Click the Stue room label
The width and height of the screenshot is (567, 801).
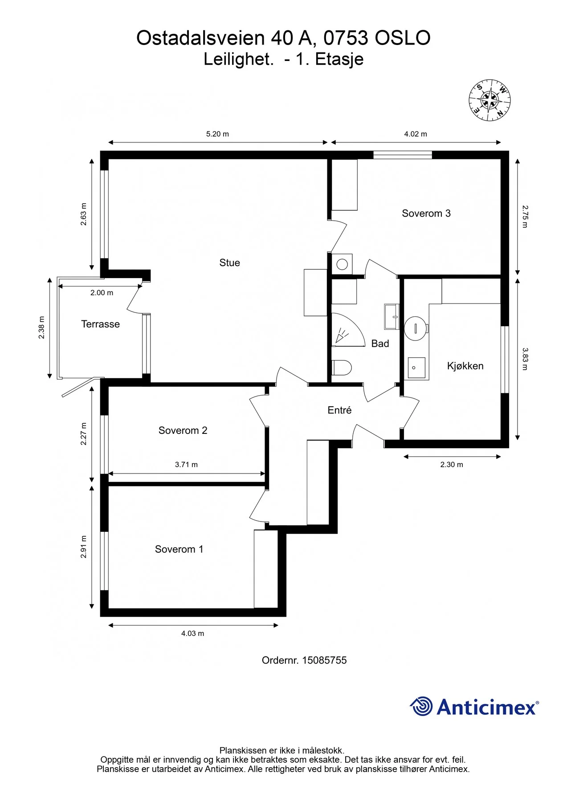point(229,263)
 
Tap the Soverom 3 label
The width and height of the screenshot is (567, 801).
point(426,214)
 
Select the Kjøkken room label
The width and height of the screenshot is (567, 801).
point(465,366)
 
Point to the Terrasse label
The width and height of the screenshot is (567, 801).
point(100,324)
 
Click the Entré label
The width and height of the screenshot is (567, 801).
point(339,410)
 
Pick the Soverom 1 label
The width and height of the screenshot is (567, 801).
point(179,550)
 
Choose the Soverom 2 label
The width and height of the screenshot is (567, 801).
point(183,431)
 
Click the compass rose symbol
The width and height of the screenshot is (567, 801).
point(489,101)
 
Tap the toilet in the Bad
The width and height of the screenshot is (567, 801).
point(342,368)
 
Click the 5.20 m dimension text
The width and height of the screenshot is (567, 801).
point(217,134)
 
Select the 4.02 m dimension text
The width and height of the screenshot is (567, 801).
point(416,134)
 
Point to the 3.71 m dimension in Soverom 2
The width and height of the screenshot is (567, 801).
point(186,465)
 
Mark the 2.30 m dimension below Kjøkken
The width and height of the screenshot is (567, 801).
point(452,465)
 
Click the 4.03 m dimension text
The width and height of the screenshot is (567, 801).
point(192,634)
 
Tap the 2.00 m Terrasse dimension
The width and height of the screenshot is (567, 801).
point(102,293)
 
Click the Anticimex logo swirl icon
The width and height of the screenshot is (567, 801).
point(421,706)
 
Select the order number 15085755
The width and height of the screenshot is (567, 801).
point(324,660)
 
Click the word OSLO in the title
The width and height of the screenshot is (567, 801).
point(402,38)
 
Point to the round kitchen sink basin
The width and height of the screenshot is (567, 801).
point(415,328)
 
